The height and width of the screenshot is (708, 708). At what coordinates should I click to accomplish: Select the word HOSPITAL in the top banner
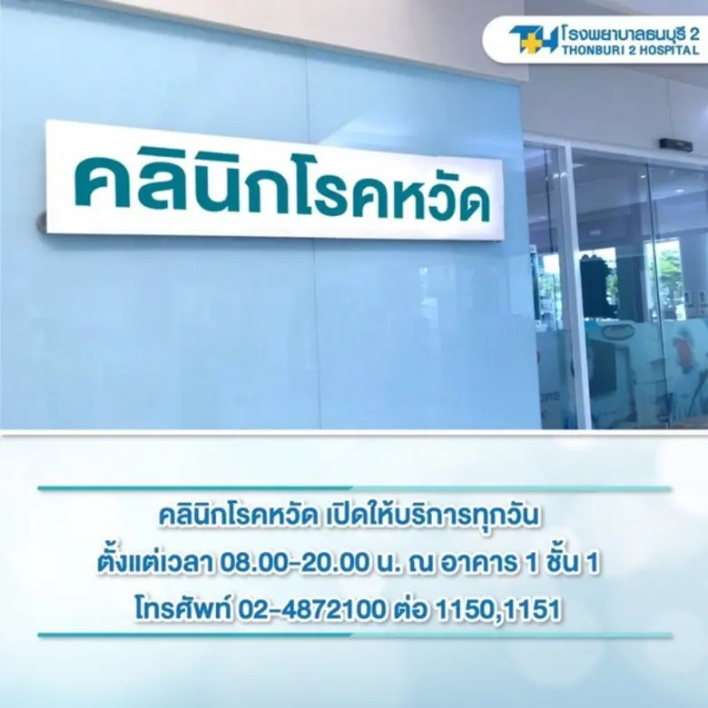pyautogui.click(x=668, y=51)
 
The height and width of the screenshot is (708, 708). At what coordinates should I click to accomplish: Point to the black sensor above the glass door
pyautogui.click(x=675, y=145)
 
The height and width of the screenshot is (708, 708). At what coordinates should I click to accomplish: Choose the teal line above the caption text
pyautogui.click(x=354, y=488)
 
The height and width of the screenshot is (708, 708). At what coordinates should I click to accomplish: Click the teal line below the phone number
pyautogui.click(x=354, y=635)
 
